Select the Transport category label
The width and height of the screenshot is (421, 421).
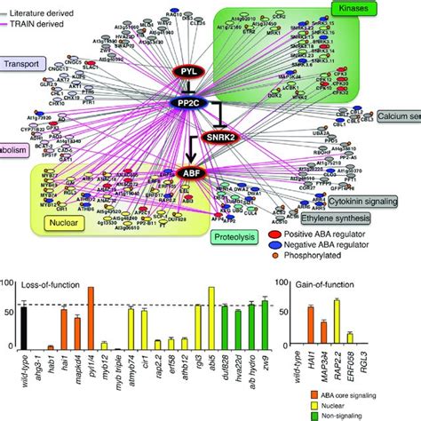(x=28, y=64)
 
